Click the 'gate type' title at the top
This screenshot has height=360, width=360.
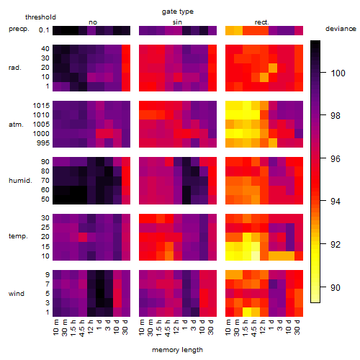click(178, 12)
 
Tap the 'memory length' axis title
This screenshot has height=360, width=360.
click(177, 350)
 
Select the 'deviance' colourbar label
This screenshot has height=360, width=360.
click(341, 29)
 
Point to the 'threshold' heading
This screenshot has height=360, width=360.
click(40, 17)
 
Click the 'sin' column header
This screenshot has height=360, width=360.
click(177, 22)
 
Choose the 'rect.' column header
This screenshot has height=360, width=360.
click(261, 22)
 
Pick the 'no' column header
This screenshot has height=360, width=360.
click(93, 22)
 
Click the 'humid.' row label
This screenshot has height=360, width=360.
click(20, 181)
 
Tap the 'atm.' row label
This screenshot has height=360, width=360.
click(16, 125)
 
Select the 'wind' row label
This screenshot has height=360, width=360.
click(17, 294)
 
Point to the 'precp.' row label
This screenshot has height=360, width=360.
click(19, 29)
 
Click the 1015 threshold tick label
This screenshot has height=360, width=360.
click(41, 106)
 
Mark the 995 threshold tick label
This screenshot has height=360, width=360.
click(43, 143)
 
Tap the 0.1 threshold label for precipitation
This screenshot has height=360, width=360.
click(44, 30)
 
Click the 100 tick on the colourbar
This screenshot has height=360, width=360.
click(338, 73)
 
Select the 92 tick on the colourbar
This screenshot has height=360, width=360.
click(336, 245)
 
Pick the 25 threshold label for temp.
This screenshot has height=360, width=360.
click(45, 228)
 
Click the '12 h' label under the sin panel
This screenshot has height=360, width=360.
click(176, 327)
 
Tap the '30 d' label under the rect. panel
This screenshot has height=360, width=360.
click(297, 327)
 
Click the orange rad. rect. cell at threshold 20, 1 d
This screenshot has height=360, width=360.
click(273, 68)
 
